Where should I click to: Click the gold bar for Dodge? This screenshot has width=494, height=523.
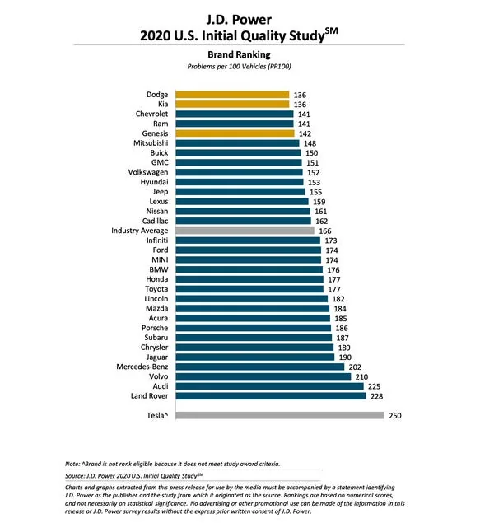(232, 95)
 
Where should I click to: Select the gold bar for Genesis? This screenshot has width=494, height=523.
(235, 133)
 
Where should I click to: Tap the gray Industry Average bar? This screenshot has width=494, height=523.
(245, 231)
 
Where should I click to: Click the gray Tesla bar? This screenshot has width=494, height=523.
(280, 415)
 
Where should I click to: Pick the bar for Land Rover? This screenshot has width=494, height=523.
(271, 396)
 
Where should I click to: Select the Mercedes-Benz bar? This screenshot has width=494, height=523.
(259, 367)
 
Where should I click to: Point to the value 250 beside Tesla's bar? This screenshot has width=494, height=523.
(395, 416)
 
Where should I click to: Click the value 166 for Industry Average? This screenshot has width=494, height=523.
(325, 231)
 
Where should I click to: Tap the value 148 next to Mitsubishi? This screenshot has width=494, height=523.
(310, 143)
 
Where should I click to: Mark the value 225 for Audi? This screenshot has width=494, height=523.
(375, 386)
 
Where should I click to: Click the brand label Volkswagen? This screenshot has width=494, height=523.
(148, 172)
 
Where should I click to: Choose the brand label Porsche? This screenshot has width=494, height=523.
(155, 328)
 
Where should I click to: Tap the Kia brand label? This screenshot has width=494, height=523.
(163, 104)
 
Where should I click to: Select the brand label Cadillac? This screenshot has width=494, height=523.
(156, 221)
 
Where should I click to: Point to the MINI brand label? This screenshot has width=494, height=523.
(160, 259)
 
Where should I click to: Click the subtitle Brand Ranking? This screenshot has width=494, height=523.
(239, 54)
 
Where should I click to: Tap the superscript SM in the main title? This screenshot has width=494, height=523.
(331, 31)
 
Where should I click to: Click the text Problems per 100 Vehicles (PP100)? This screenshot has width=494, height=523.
(239, 67)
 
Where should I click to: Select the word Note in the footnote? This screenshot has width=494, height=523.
(72, 464)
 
